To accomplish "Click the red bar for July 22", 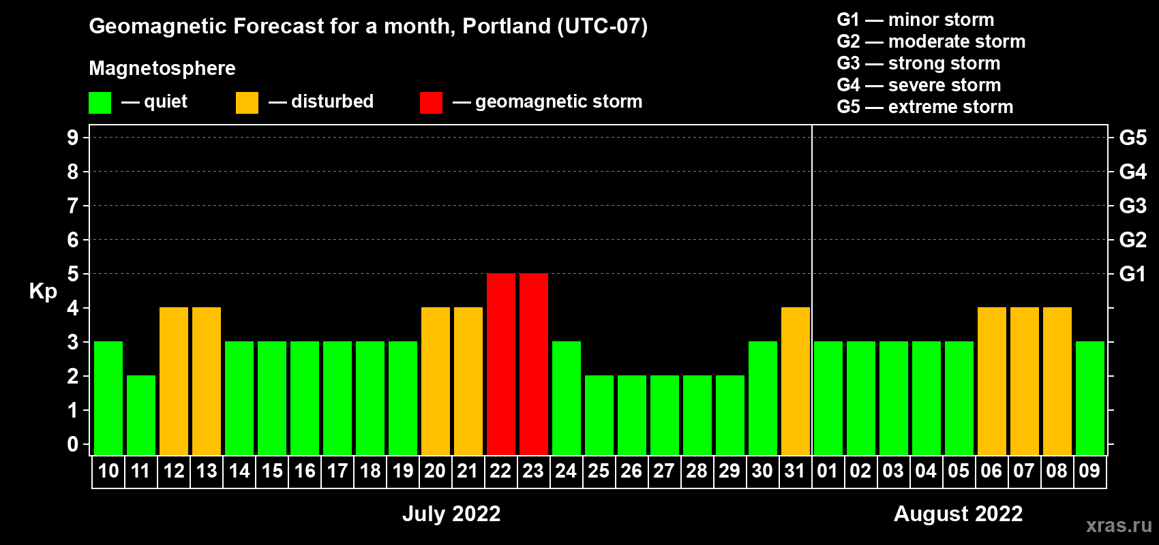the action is click(x=501, y=364).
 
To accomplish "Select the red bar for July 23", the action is click(x=533, y=364).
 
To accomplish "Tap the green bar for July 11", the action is click(x=140, y=415).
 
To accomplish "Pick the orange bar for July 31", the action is click(x=795, y=381).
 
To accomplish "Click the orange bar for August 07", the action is click(x=1025, y=381).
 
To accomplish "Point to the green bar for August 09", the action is click(x=1090, y=398).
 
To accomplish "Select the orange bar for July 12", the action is click(x=174, y=381).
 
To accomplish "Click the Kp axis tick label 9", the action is click(x=72, y=138).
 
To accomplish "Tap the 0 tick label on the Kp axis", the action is click(x=72, y=444).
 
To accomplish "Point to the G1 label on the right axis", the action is click(x=1133, y=274).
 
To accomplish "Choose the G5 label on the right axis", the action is click(x=1133, y=138).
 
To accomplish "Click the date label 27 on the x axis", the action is click(x=664, y=471).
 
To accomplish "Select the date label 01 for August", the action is click(x=828, y=471).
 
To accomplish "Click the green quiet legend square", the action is click(x=100, y=102).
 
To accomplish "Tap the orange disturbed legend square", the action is click(x=247, y=102).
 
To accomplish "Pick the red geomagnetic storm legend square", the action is click(x=431, y=102).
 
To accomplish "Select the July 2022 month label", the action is click(x=452, y=514).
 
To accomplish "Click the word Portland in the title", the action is click(x=507, y=27).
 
